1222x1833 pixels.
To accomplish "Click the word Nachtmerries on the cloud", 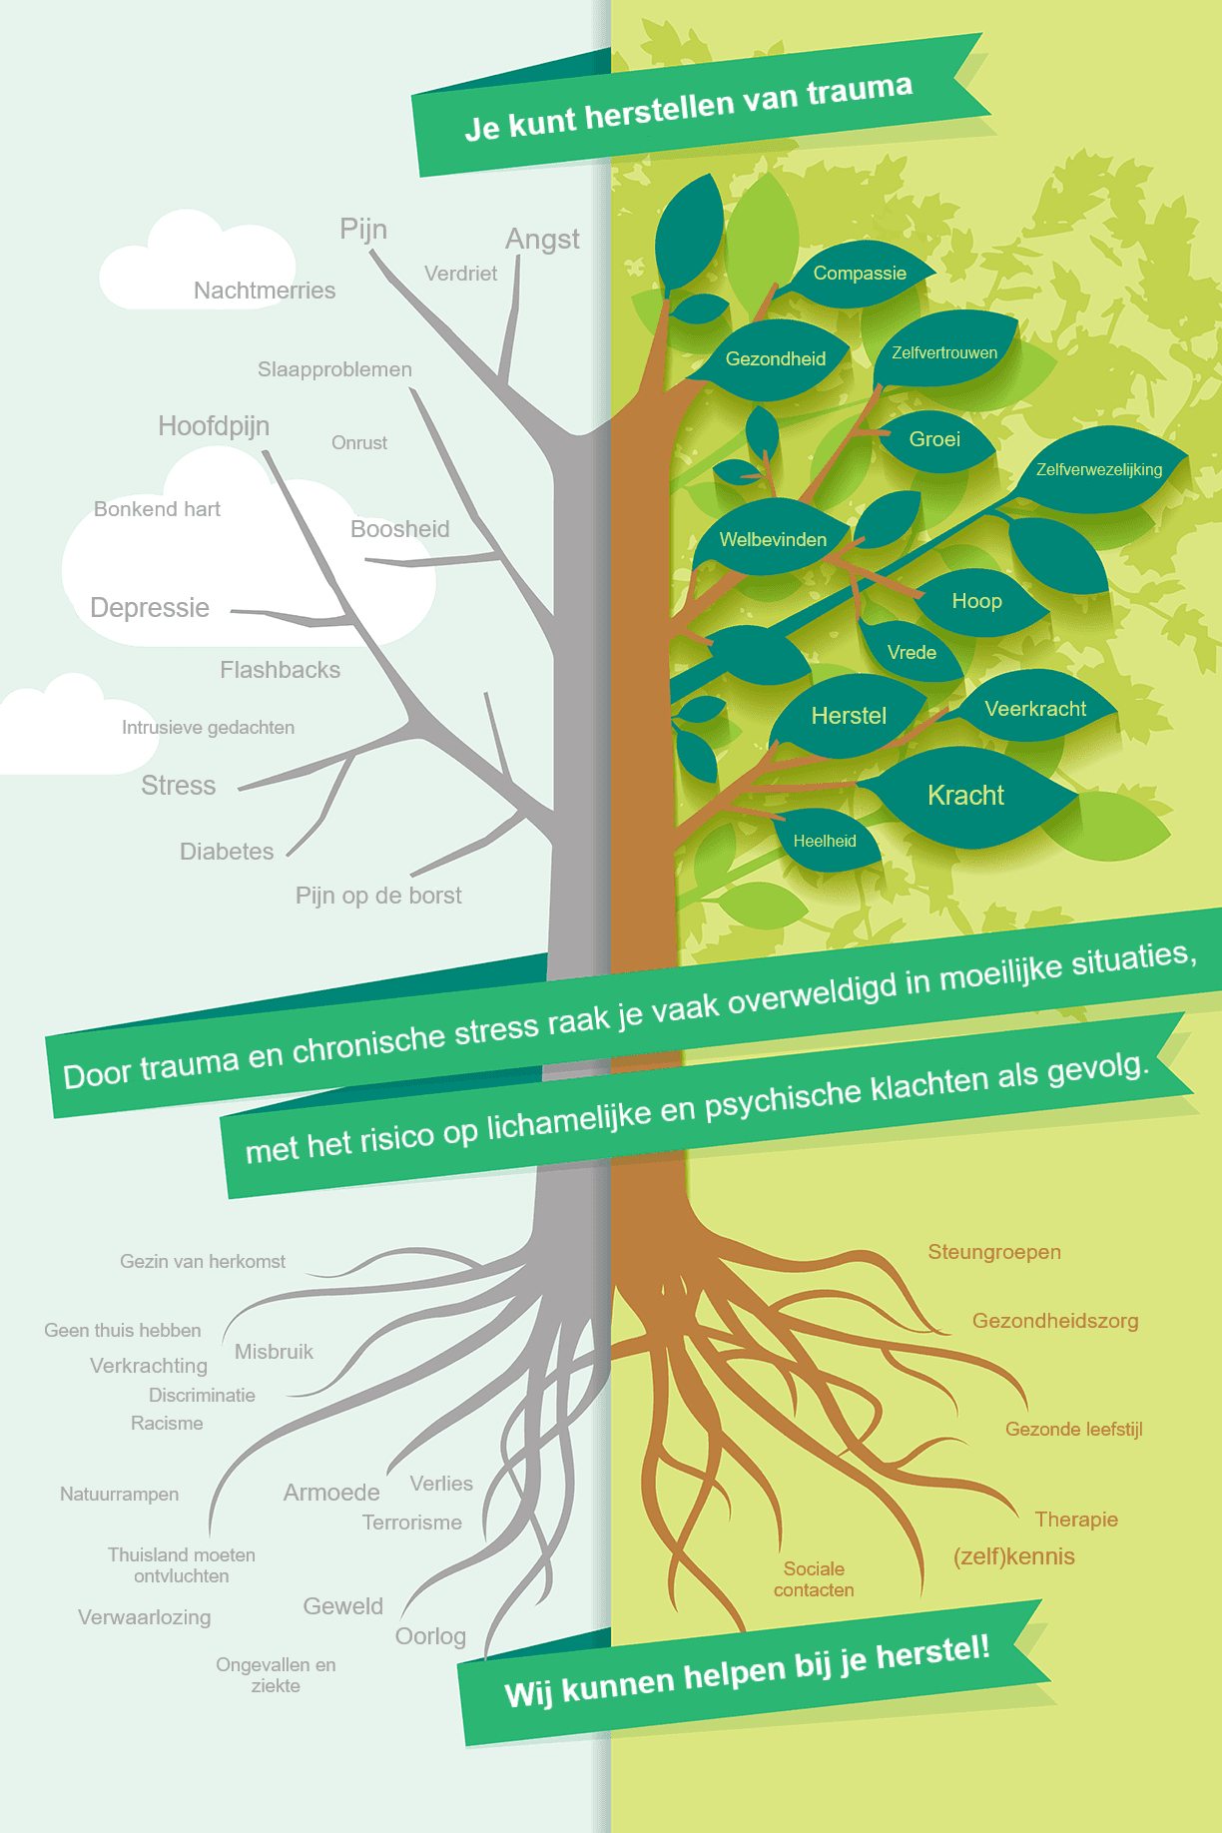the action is [265, 291].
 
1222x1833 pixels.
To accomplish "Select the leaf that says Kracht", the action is [966, 797].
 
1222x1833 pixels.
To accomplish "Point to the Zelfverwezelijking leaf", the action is [1098, 469].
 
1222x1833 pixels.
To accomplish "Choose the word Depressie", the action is [150, 608].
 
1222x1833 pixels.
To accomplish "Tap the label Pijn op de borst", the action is [378, 896].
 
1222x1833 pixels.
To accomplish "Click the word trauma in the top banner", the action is [859, 91].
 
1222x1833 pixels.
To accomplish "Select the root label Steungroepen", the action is [994, 1253].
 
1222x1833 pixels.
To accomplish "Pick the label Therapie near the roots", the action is [1076, 1520].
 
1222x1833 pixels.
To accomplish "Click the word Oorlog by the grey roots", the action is [430, 1636].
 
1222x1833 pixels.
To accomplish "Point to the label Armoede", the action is [331, 1493].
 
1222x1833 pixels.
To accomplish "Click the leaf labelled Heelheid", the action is [827, 841].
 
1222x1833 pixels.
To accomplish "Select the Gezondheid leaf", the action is [774, 358].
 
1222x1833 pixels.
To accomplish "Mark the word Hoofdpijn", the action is [214, 426].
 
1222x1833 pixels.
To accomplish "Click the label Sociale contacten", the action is [814, 1579].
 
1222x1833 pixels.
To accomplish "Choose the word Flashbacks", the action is [280, 670].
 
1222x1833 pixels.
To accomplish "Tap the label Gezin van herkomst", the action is [203, 1261].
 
